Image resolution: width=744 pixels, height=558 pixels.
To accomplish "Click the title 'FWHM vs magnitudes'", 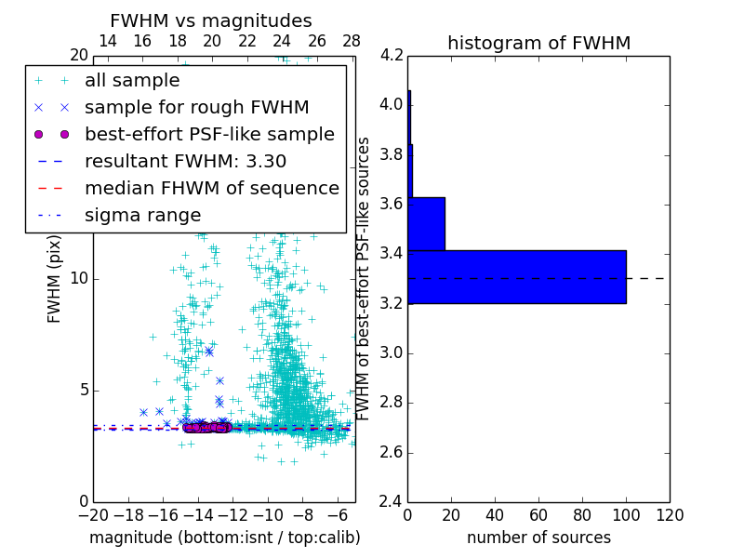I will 211,20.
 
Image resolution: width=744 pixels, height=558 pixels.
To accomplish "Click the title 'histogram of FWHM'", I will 538,43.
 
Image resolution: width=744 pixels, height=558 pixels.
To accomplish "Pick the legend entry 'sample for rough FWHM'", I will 196,107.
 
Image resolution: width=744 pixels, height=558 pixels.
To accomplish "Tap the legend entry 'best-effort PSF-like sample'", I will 209,134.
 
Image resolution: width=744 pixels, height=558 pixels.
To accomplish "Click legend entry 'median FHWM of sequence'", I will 211,188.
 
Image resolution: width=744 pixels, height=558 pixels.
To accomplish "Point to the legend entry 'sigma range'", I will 142,215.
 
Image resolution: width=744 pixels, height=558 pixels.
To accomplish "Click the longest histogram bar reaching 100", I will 516,277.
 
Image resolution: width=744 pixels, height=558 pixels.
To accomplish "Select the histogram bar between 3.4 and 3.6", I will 426,224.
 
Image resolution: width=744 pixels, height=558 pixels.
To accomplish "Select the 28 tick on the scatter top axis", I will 352,41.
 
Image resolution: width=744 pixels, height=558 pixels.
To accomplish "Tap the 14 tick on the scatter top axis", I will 107,41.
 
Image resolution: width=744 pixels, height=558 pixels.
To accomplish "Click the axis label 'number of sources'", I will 538,538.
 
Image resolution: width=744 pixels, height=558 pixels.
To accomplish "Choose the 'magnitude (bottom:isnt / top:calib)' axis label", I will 224,538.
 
